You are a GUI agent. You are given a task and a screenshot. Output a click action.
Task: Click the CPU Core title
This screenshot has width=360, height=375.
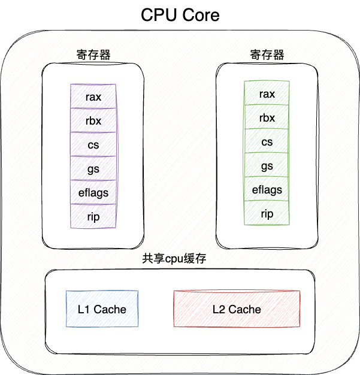point(180,15)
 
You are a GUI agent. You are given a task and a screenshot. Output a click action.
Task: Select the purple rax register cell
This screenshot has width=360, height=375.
point(93,96)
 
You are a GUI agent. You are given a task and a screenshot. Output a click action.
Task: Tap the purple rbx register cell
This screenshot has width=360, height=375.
point(93,120)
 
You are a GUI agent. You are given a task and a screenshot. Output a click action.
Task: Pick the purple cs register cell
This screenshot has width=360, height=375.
point(93,144)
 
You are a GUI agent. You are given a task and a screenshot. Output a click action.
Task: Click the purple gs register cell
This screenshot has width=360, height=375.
point(93,168)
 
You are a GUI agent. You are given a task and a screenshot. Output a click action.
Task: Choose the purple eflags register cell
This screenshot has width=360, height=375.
point(93,192)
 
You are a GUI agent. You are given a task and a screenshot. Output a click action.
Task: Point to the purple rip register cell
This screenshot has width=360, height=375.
point(93,216)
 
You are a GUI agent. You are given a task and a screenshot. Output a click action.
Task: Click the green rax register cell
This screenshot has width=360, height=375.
point(267,94)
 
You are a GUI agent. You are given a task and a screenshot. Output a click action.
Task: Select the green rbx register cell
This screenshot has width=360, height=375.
point(267,118)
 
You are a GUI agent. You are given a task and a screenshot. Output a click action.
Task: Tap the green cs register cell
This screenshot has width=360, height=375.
point(267,142)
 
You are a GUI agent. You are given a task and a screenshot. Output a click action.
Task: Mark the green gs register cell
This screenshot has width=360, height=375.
point(267,166)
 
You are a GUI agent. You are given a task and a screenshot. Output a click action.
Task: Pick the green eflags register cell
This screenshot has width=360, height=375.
point(267,190)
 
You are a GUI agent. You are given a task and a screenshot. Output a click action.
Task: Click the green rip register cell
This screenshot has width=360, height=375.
point(267,213)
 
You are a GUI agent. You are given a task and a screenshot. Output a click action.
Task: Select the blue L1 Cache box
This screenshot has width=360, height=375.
point(102,309)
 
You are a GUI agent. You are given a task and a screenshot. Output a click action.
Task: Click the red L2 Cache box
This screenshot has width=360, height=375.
point(237,309)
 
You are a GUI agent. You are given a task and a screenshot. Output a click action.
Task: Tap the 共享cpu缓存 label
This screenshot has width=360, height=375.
point(178,259)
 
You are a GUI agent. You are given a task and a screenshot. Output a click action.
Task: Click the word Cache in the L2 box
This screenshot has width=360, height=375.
point(245,309)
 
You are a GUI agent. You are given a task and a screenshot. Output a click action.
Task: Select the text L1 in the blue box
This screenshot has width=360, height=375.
point(84,309)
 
